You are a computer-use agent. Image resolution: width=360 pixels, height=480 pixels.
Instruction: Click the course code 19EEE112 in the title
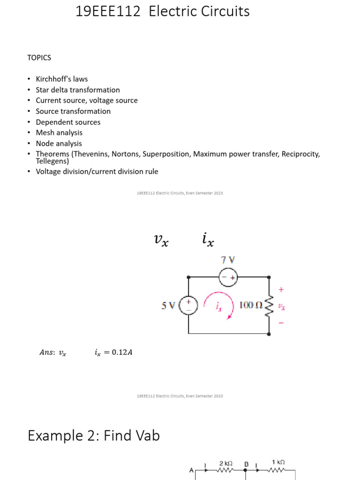(108, 11)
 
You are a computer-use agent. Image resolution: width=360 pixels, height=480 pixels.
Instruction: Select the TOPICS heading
(39, 58)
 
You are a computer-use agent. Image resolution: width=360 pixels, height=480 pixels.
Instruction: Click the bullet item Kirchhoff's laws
(62, 79)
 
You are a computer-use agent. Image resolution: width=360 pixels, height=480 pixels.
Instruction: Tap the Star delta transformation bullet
(78, 90)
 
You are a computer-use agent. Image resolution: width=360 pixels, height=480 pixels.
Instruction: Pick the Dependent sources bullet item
(68, 122)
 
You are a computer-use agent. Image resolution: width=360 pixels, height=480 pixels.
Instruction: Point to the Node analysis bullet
(59, 144)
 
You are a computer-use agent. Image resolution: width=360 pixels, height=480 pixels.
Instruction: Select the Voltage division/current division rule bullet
(97, 172)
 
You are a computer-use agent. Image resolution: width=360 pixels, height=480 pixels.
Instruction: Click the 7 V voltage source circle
(228, 277)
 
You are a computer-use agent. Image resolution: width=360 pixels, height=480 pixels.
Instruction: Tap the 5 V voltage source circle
(188, 306)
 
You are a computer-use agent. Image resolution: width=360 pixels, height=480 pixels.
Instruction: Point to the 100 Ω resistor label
(251, 305)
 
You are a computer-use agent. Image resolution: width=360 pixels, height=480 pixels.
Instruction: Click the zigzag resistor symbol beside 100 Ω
(269, 306)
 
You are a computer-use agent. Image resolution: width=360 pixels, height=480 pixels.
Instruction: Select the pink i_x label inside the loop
(218, 307)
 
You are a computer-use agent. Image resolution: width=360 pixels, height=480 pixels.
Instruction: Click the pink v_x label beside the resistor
(281, 306)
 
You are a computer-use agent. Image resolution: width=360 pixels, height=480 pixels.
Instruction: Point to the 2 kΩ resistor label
(226, 464)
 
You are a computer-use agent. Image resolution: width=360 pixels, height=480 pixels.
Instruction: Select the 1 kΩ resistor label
(278, 462)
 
